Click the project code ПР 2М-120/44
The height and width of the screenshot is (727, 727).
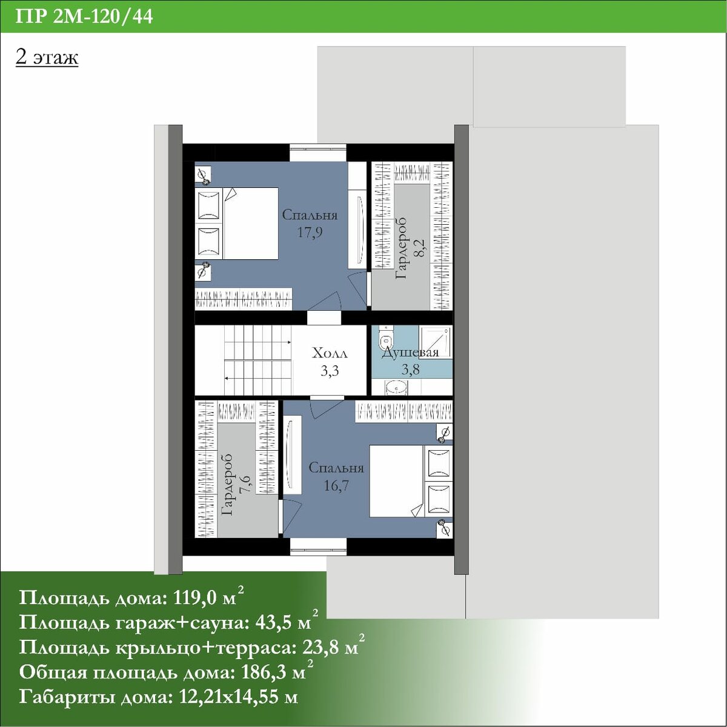pyautogui.click(x=84, y=17)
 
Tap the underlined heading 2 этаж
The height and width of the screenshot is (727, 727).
pyautogui.click(x=47, y=58)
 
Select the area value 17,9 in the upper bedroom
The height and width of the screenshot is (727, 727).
pyautogui.click(x=310, y=232)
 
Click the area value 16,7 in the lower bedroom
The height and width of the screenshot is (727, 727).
pyautogui.click(x=336, y=485)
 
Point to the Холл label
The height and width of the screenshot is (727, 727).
pyautogui.click(x=330, y=353)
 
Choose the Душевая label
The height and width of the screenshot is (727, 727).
pyautogui.click(x=411, y=353)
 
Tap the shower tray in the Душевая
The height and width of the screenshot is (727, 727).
pyautogui.click(x=436, y=342)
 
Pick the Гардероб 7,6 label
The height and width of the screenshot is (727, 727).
pyautogui.click(x=236, y=485)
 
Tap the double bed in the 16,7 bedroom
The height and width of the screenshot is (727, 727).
pyautogui.click(x=411, y=481)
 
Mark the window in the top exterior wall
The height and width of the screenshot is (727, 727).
pyautogui.click(x=318, y=153)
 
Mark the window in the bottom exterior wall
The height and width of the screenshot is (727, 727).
pyautogui.click(x=318, y=546)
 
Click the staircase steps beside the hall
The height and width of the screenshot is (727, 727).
pyautogui.click(x=257, y=360)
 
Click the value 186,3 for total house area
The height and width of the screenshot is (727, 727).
pyautogui.click(x=265, y=672)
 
